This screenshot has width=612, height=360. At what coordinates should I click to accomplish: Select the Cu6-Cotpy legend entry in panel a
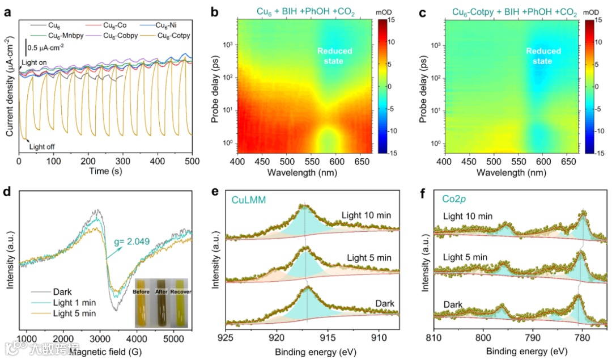click(172, 36)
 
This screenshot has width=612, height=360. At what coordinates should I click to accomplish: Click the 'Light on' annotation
click(34, 61)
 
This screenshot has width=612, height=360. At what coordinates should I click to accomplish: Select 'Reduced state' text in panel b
click(334, 56)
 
